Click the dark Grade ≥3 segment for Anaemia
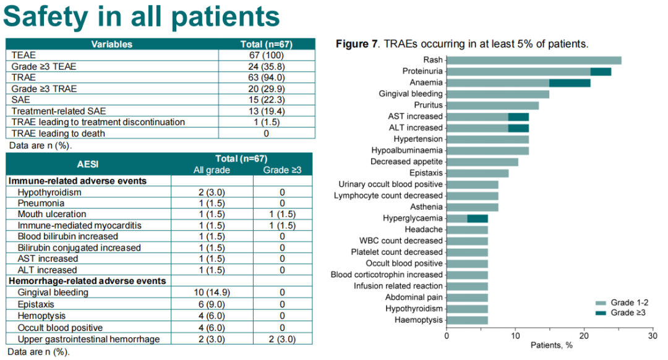coord(570,83)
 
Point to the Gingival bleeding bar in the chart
coord(497,94)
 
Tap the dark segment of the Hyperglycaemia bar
coord(477,218)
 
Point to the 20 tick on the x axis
coord(583,336)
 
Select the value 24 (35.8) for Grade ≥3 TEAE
coord(266,66)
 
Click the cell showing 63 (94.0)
coord(266,77)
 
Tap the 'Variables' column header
coord(112,45)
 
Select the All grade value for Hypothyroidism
coord(210,192)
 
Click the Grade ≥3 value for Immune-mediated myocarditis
coord(282,226)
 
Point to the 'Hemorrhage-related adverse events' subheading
coord(86,281)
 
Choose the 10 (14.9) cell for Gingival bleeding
coord(210,293)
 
